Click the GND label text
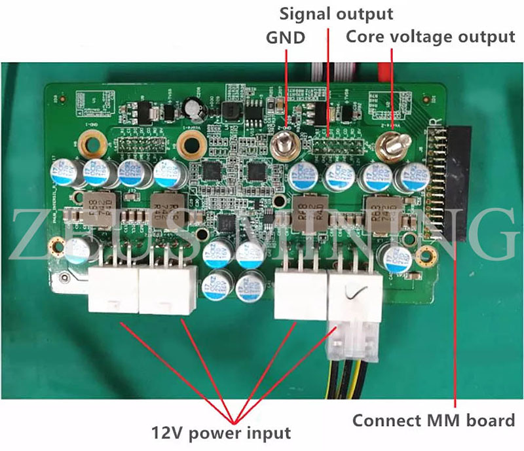point(285,37)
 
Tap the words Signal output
point(337,13)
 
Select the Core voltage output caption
point(430,37)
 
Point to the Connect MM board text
point(434,420)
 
